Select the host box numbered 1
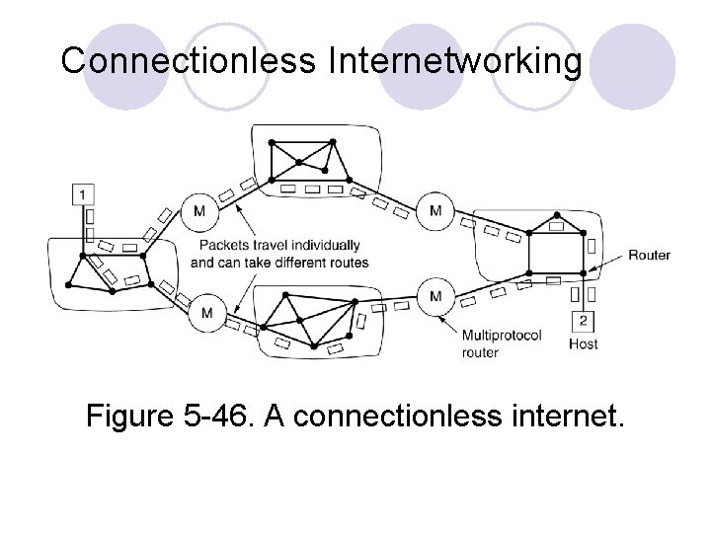tap(84, 194)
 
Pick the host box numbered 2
tap(583, 321)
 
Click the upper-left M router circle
tap(200, 210)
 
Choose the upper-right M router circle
tap(435, 210)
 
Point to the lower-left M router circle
tap(206, 313)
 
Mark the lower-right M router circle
tap(435, 296)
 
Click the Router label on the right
tap(649, 255)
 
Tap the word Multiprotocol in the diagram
tap(502, 337)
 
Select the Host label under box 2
tap(583, 344)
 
